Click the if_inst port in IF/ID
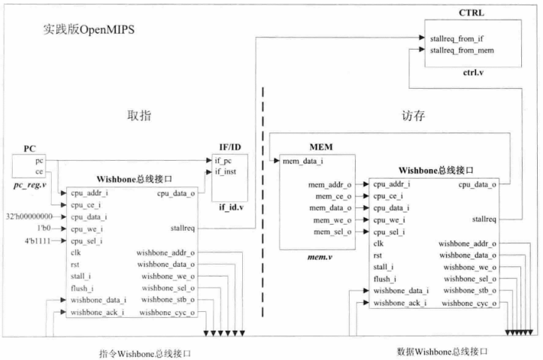point(226,172)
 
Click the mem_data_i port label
point(302,160)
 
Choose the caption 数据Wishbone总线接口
point(443,351)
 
